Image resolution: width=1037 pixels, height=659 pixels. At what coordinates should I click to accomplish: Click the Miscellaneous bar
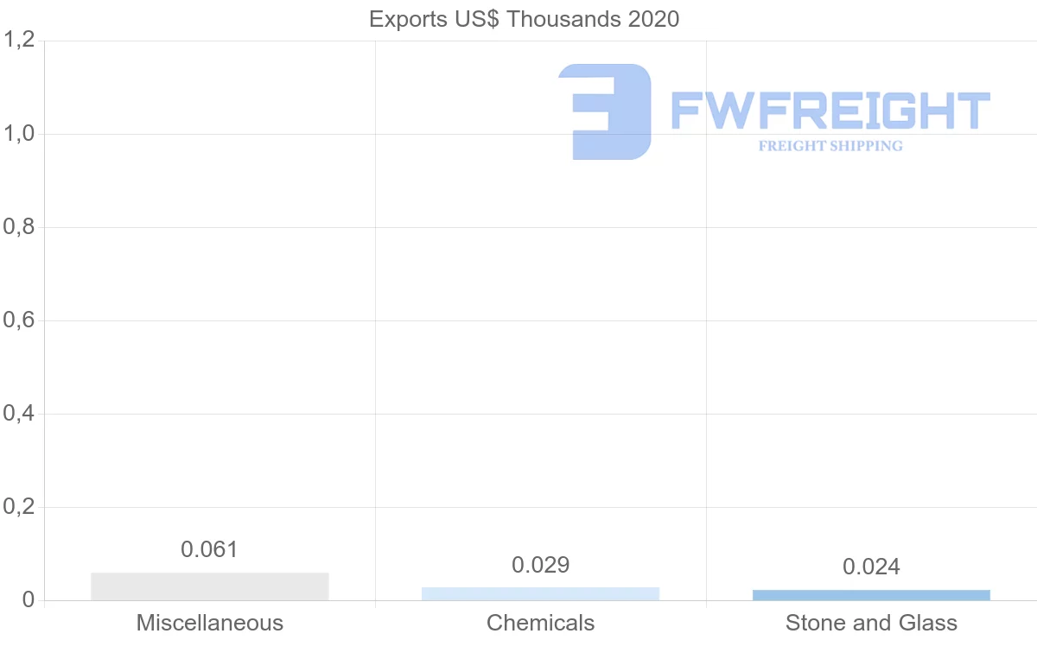coord(209,586)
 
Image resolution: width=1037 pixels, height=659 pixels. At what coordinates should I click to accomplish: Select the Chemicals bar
coord(540,593)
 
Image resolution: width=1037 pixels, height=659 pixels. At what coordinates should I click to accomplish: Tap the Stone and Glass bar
coord(871,595)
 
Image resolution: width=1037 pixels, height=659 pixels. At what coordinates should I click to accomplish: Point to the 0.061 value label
coord(209,549)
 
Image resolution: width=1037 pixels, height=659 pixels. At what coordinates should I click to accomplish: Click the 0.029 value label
coord(540,565)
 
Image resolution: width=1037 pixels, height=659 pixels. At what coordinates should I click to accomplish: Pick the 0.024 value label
coord(871,567)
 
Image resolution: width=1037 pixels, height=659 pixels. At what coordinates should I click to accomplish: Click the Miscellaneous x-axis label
coord(209,623)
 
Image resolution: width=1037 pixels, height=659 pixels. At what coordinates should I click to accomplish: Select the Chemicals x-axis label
coord(540,623)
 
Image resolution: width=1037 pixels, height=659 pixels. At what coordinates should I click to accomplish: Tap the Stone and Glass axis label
coord(871,623)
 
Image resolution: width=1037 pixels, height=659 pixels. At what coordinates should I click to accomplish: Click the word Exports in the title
coord(404,19)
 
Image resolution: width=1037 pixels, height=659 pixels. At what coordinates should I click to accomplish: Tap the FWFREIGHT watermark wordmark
coord(830,111)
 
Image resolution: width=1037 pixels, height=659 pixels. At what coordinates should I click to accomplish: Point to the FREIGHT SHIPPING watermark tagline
coord(830,146)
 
